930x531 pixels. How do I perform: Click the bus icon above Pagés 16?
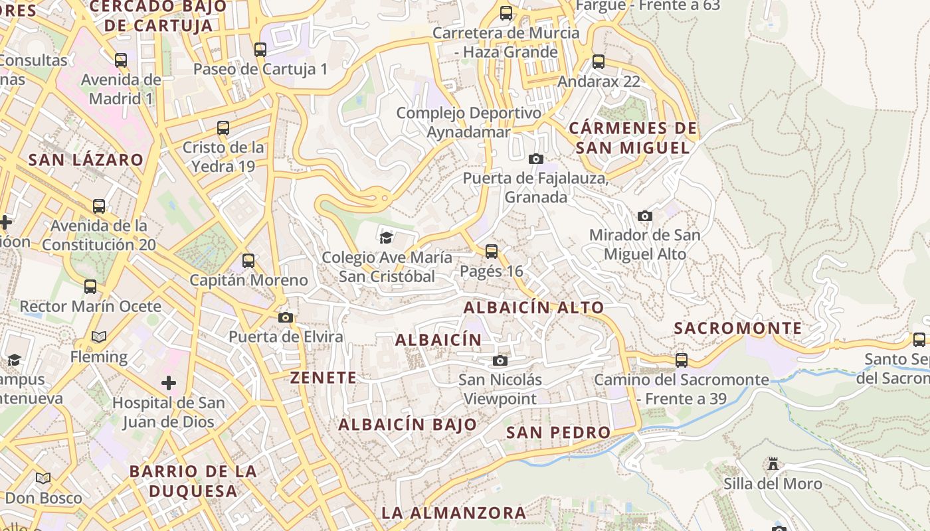[x=491, y=251]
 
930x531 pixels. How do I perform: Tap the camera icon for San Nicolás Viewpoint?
[x=500, y=360]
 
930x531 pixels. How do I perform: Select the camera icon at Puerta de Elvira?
[x=286, y=317]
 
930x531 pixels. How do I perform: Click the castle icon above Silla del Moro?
[x=773, y=463]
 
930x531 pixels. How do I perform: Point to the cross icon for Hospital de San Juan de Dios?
[x=169, y=383]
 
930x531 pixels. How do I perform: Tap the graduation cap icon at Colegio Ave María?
[x=386, y=237]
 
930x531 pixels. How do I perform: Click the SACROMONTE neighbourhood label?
[x=737, y=328]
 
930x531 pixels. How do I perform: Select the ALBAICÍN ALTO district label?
[x=533, y=307]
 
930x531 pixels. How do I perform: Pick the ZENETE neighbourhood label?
[x=324, y=378]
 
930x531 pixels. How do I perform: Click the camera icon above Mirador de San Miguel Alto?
[x=644, y=216]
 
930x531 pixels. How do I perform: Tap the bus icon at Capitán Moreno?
[x=248, y=260]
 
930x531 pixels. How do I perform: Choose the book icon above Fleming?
[x=99, y=337]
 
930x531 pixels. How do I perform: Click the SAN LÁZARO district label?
[x=86, y=159]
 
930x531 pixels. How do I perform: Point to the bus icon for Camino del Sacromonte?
[x=682, y=360]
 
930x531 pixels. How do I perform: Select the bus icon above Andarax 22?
[x=599, y=62]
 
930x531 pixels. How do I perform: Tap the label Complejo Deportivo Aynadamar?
[x=469, y=122]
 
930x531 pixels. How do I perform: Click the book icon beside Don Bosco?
[x=43, y=478]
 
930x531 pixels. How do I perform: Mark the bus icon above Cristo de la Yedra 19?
[x=223, y=127]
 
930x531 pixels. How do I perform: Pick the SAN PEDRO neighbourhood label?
[x=558, y=432]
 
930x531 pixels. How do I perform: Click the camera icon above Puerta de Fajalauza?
[x=535, y=159]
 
